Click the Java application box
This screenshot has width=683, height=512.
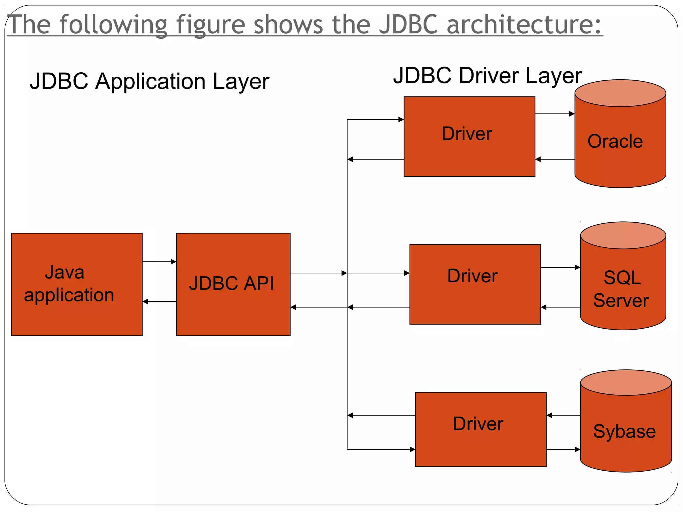pos(77,284)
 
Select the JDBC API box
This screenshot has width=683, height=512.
pos(233,284)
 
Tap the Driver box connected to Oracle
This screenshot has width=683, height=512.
pos(469,136)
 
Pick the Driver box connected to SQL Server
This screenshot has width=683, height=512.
pos(475,284)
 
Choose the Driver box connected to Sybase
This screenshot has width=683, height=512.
pos(481,429)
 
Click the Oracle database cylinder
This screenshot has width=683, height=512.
pos(620,143)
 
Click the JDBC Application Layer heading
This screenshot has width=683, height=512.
pos(149,82)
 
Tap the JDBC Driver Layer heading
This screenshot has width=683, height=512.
pos(487,76)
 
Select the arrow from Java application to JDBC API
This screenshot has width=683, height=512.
pos(159,262)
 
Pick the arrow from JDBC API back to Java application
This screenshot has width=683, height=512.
pos(159,302)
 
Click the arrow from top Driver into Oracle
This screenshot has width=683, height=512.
pos(555,114)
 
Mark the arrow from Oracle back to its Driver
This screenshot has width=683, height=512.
pos(555,159)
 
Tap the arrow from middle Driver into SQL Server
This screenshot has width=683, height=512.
pos(560,267)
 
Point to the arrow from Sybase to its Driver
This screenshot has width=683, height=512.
pos(563,415)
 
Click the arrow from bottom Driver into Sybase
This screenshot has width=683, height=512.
pos(563,449)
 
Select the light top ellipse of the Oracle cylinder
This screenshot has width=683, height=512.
pos(620,93)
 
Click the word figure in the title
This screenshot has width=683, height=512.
pos(210,25)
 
